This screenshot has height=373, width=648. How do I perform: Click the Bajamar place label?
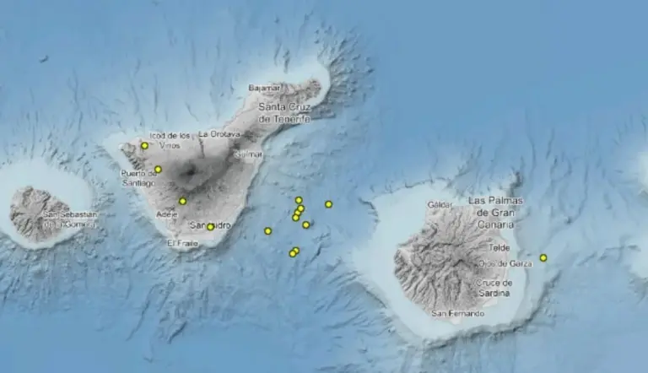point(264,87)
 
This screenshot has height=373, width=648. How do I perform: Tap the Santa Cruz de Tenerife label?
point(284,113)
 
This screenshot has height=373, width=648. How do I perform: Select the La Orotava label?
point(219,134)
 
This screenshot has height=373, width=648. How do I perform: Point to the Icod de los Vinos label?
point(170,139)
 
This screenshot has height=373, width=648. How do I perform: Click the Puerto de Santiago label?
point(138,178)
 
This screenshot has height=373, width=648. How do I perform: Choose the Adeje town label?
point(167,214)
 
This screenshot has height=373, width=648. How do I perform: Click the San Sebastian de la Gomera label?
point(71,219)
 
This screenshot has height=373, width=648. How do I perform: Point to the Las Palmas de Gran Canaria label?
point(495,205)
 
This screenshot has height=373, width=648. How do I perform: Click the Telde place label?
point(499,248)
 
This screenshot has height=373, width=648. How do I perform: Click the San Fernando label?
point(457,313)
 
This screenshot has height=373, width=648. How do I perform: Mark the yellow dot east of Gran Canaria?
point(543,257)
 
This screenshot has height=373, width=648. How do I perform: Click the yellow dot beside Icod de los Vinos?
point(144,145)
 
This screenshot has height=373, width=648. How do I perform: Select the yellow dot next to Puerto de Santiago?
point(158,170)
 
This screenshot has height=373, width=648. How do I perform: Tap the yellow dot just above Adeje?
point(182,201)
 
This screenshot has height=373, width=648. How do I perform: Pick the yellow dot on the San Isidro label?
point(210,226)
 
